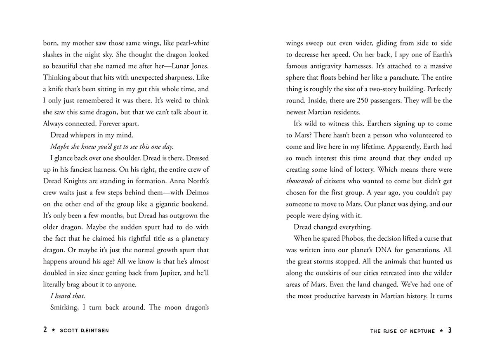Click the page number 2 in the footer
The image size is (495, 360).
click(45, 330)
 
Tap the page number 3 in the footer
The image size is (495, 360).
click(450, 330)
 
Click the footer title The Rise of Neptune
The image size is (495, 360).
click(403, 331)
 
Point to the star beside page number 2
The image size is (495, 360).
click(53, 331)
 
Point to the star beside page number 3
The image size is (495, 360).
click(441, 331)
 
